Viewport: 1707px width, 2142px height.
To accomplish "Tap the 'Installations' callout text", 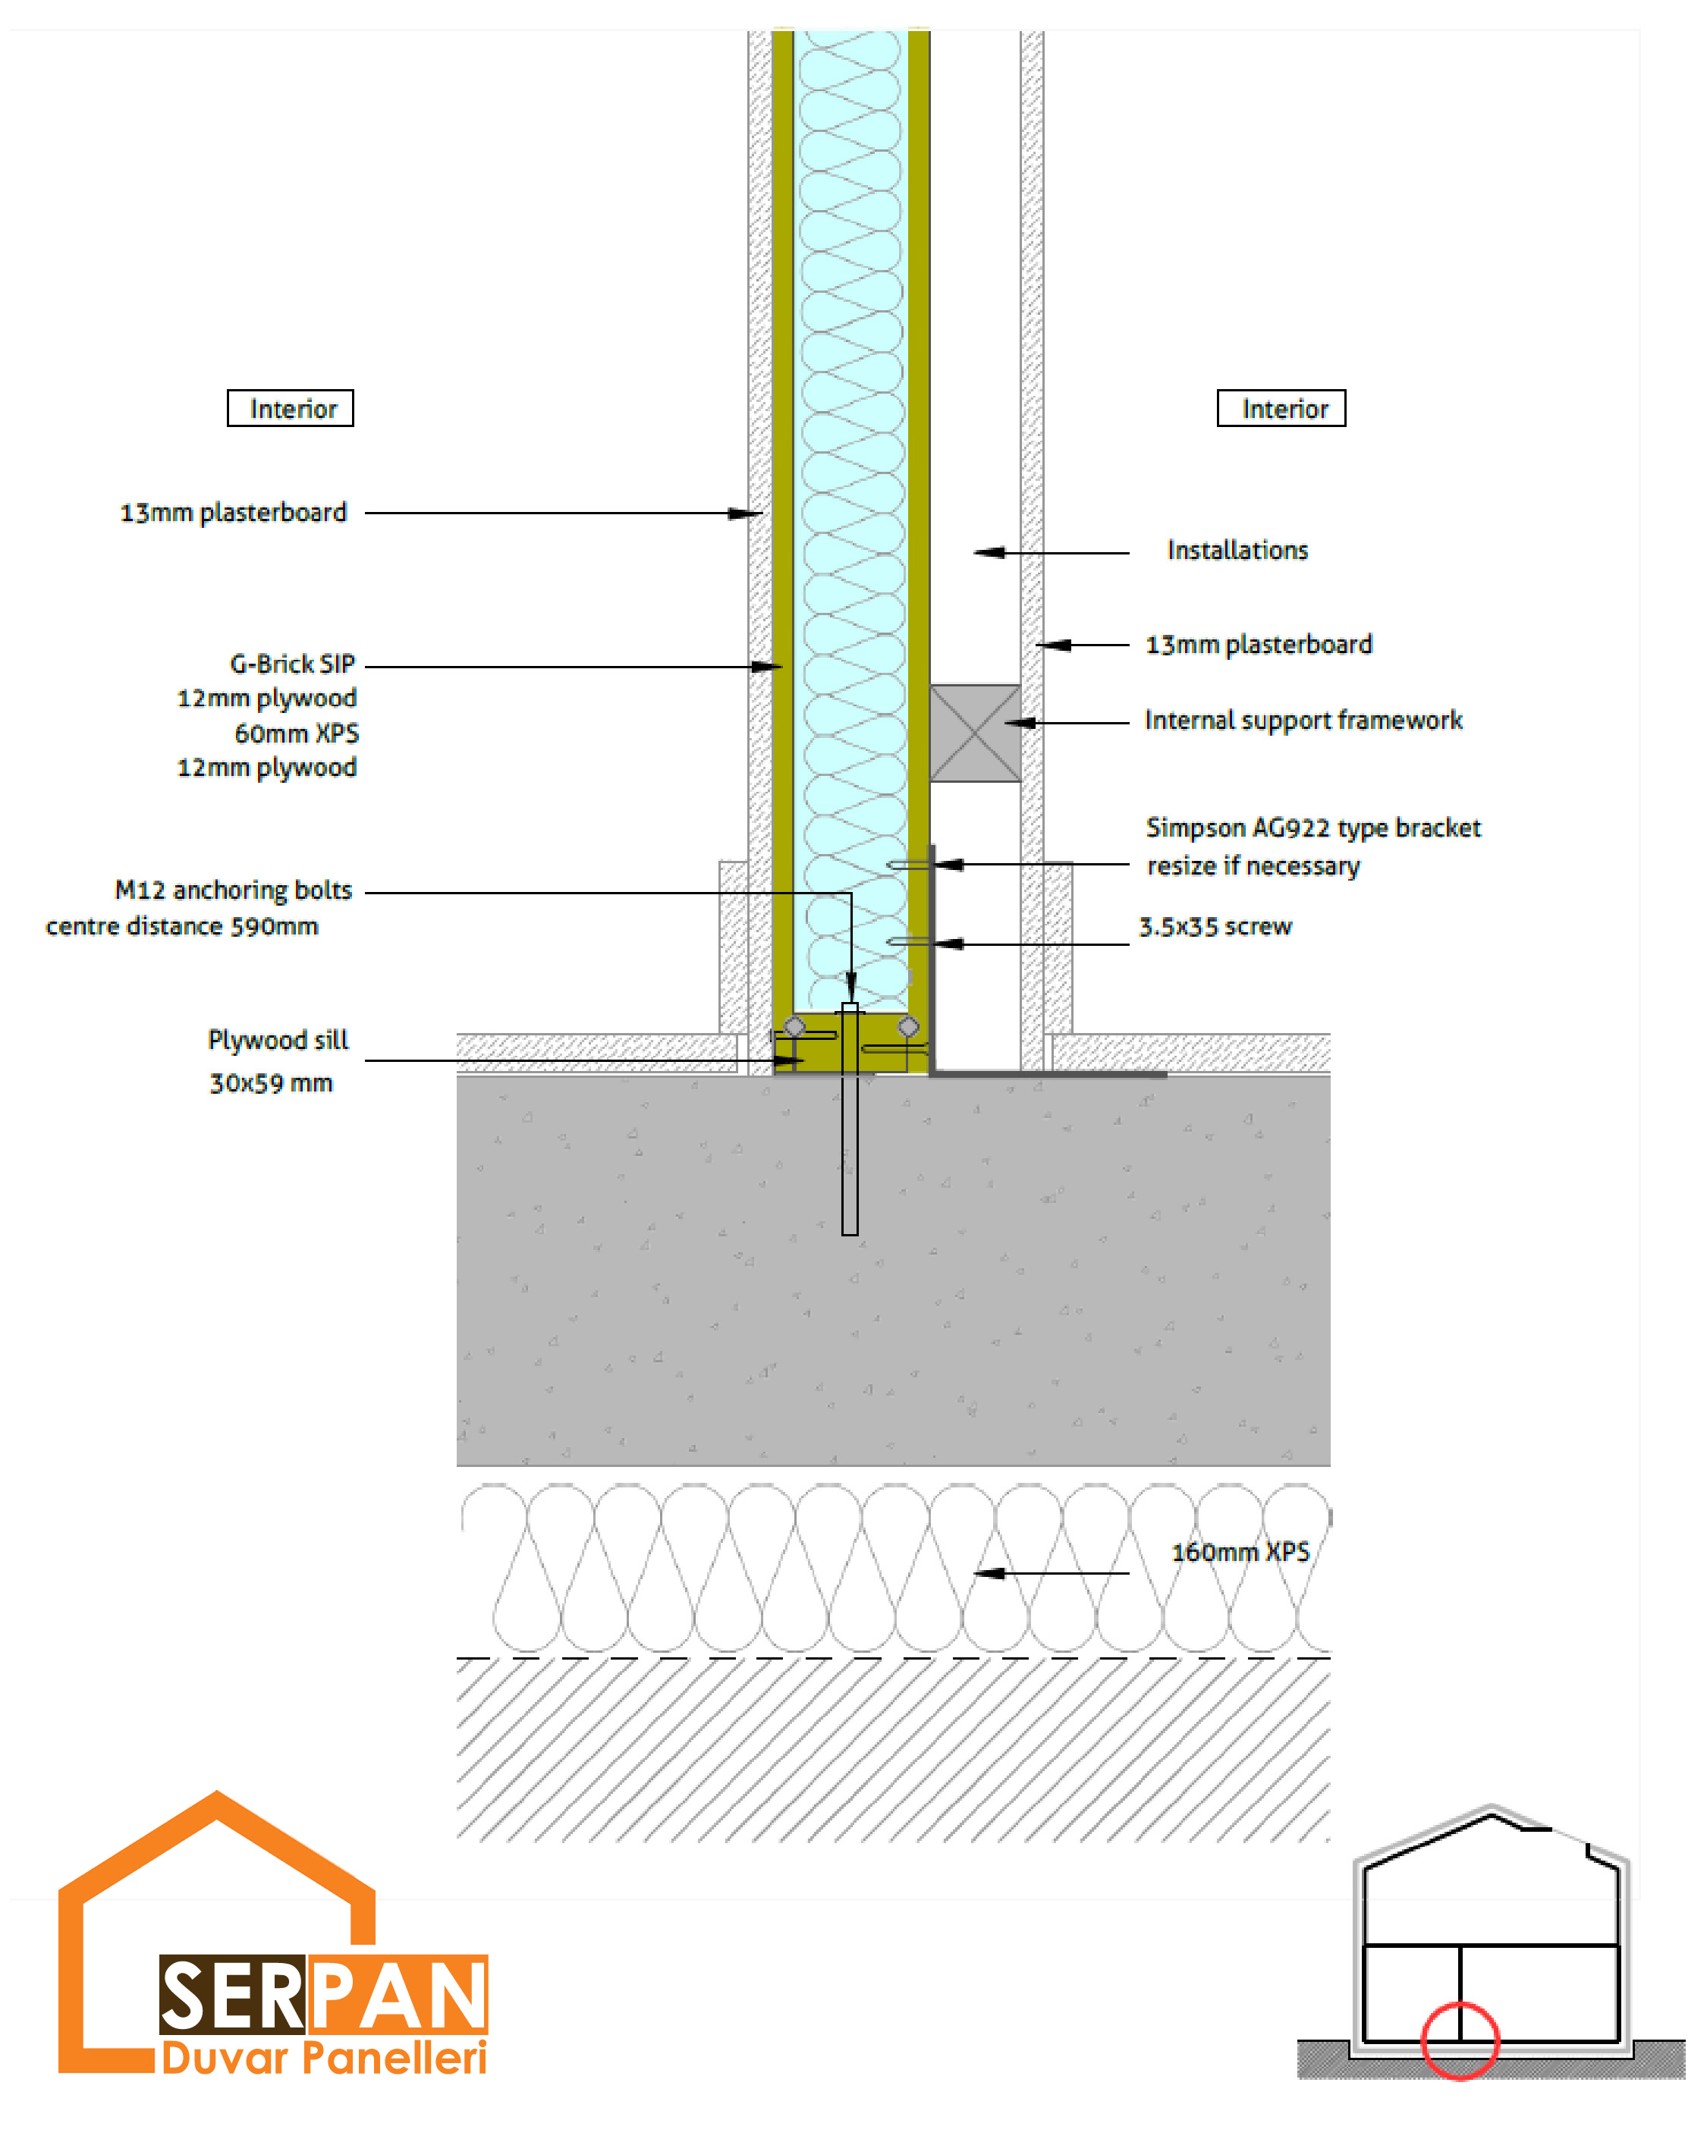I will tap(1237, 551).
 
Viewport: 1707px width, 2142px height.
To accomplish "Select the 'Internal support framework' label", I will tap(1303, 721).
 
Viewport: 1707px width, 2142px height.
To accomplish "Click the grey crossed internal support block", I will tap(975, 733).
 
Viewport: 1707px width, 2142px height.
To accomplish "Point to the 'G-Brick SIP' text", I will tap(292, 664).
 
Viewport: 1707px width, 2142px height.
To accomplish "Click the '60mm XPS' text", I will tap(296, 733).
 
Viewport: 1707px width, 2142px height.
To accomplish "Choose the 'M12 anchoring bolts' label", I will tap(234, 890).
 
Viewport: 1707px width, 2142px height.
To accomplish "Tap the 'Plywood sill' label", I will tap(278, 1040).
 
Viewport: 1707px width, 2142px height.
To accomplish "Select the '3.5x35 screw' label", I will tap(1215, 927).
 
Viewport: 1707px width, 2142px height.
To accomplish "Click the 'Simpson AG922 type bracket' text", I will tap(1312, 828).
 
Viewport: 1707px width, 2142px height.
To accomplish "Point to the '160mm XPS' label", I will tap(1240, 1552).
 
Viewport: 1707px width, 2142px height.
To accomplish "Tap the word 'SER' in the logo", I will tap(231, 1997).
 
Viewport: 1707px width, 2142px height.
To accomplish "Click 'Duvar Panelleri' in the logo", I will tap(324, 2058).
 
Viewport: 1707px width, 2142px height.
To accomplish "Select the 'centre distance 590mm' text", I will tap(182, 927).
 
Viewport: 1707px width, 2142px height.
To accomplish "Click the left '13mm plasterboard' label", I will tap(234, 513).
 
